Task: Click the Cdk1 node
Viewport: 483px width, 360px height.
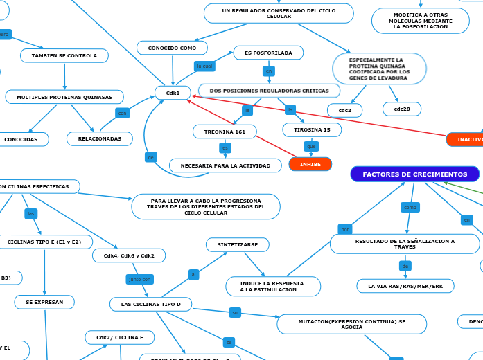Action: tap(173, 93)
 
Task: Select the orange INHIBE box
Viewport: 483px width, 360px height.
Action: tap(310, 164)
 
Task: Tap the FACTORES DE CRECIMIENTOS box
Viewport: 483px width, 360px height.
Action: tap(414, 174)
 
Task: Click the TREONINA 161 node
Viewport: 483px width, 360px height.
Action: tap(225, 132)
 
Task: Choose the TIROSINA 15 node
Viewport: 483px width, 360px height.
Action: tap(312, 129)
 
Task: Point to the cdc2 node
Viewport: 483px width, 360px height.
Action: tap(344, 110)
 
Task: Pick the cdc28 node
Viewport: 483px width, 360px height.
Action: tap(401, 109)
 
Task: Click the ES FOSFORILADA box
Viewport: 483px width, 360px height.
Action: tap(268, 53)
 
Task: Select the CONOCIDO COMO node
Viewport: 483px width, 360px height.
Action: tap(172, 48)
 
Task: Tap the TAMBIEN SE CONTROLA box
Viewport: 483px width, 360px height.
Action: tap(64, 55)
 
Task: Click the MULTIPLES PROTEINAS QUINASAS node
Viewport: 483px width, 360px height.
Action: tap(64, 97)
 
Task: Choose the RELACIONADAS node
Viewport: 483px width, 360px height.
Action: tap(100, 139)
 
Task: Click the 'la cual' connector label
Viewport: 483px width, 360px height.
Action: tap(204, 66)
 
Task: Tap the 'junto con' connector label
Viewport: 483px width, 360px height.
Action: tap(139, 279)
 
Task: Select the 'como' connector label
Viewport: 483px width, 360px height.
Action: tap(410, 207)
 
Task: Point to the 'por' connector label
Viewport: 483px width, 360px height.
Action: tap(345, 229)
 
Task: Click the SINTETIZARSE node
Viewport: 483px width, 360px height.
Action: tap(238, 244)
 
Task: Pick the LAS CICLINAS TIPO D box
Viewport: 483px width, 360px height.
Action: tap(150, 304)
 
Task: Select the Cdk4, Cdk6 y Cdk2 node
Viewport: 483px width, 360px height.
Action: tap(129, 255)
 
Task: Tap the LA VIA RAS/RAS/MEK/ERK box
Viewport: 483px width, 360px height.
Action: tap(405, 286)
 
